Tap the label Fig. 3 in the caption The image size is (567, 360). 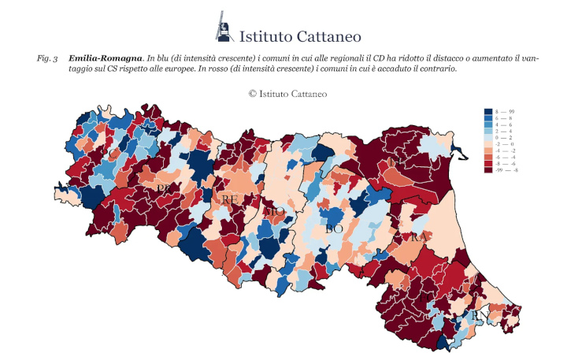click(x=47, y=59)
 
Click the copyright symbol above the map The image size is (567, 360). click(x=253, y=93)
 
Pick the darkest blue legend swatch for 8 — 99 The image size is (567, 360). click(x=489, y=113)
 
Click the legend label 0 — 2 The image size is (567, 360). click(x=506, y=138)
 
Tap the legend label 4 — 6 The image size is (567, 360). click(x=506, y=125)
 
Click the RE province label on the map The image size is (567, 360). click(x=229, y=200)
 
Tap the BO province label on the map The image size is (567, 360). click(x=335, y=229)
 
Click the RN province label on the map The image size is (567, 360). click(x=478, y=315)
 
